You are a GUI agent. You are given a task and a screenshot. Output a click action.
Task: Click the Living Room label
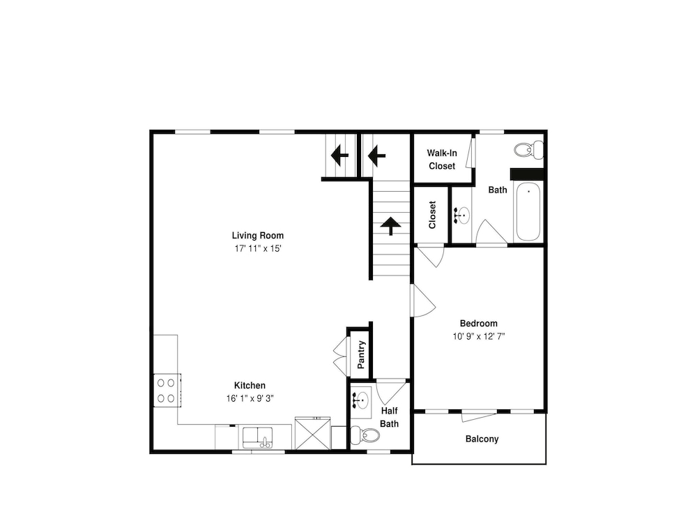[x=257, y=236]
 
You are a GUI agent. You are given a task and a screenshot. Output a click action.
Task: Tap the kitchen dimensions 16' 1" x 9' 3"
[x=250, y=398]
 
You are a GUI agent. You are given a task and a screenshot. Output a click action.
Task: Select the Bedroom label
[x=479, y=324]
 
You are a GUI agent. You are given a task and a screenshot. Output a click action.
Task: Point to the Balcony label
[x=482, y=439]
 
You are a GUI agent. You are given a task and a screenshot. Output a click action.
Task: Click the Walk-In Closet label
[x=442, y=159]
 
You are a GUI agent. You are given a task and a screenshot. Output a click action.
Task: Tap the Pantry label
[x=361, y=354]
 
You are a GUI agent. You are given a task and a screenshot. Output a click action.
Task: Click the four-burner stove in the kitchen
[x=167, y=390]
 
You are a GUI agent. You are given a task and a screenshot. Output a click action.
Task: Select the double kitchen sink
[x=257, y=438]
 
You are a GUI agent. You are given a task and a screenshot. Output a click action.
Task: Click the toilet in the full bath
[x=528, y=149]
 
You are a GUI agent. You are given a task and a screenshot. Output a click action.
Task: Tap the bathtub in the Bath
[x=528, y=212]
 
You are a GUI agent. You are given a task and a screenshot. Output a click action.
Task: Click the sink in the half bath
[x=361, y=400]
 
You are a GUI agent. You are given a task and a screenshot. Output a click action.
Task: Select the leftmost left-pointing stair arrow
[x=340, y=156]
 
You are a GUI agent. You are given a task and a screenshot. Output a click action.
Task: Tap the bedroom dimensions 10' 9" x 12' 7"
[x=479, y=336]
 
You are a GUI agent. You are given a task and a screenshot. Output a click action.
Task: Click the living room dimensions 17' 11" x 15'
[x=259, y=249]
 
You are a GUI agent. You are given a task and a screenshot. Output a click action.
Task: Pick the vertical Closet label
[x=432, y=215]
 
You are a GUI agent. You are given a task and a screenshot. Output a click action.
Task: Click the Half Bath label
[x=390, y=417]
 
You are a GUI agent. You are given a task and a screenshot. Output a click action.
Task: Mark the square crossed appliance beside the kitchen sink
[x=313, y=434]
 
